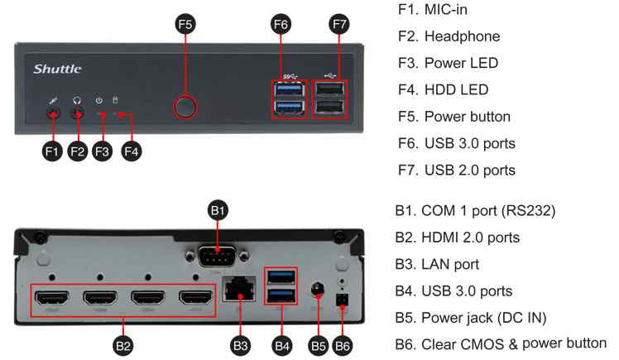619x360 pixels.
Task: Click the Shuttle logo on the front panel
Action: click(57, 69)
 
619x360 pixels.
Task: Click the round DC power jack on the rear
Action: click(315, 289)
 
